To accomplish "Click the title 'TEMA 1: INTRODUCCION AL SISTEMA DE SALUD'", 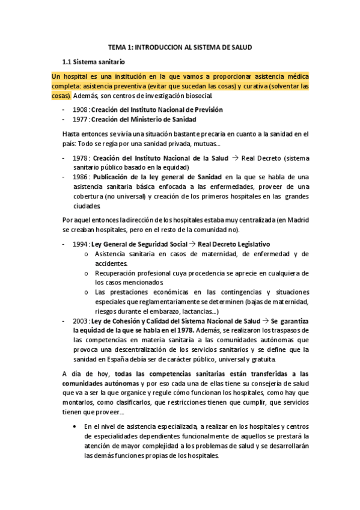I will click(x=180, y=46).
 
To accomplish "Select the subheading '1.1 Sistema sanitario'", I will click(x=94, y=61).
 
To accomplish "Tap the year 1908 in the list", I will click(x=80, y=109).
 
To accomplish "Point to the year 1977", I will click(x=80, y=119).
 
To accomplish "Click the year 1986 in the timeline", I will click(x=80, y=177).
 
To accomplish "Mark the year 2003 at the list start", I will click(x=80, y=321).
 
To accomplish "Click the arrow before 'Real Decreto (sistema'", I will click(x=235, y=158).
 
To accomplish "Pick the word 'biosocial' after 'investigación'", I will click(x=194, y=96).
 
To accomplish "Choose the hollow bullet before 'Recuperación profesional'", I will click(x=87, y=273).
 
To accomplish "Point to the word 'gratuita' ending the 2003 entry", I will click(x=259, y=360).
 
